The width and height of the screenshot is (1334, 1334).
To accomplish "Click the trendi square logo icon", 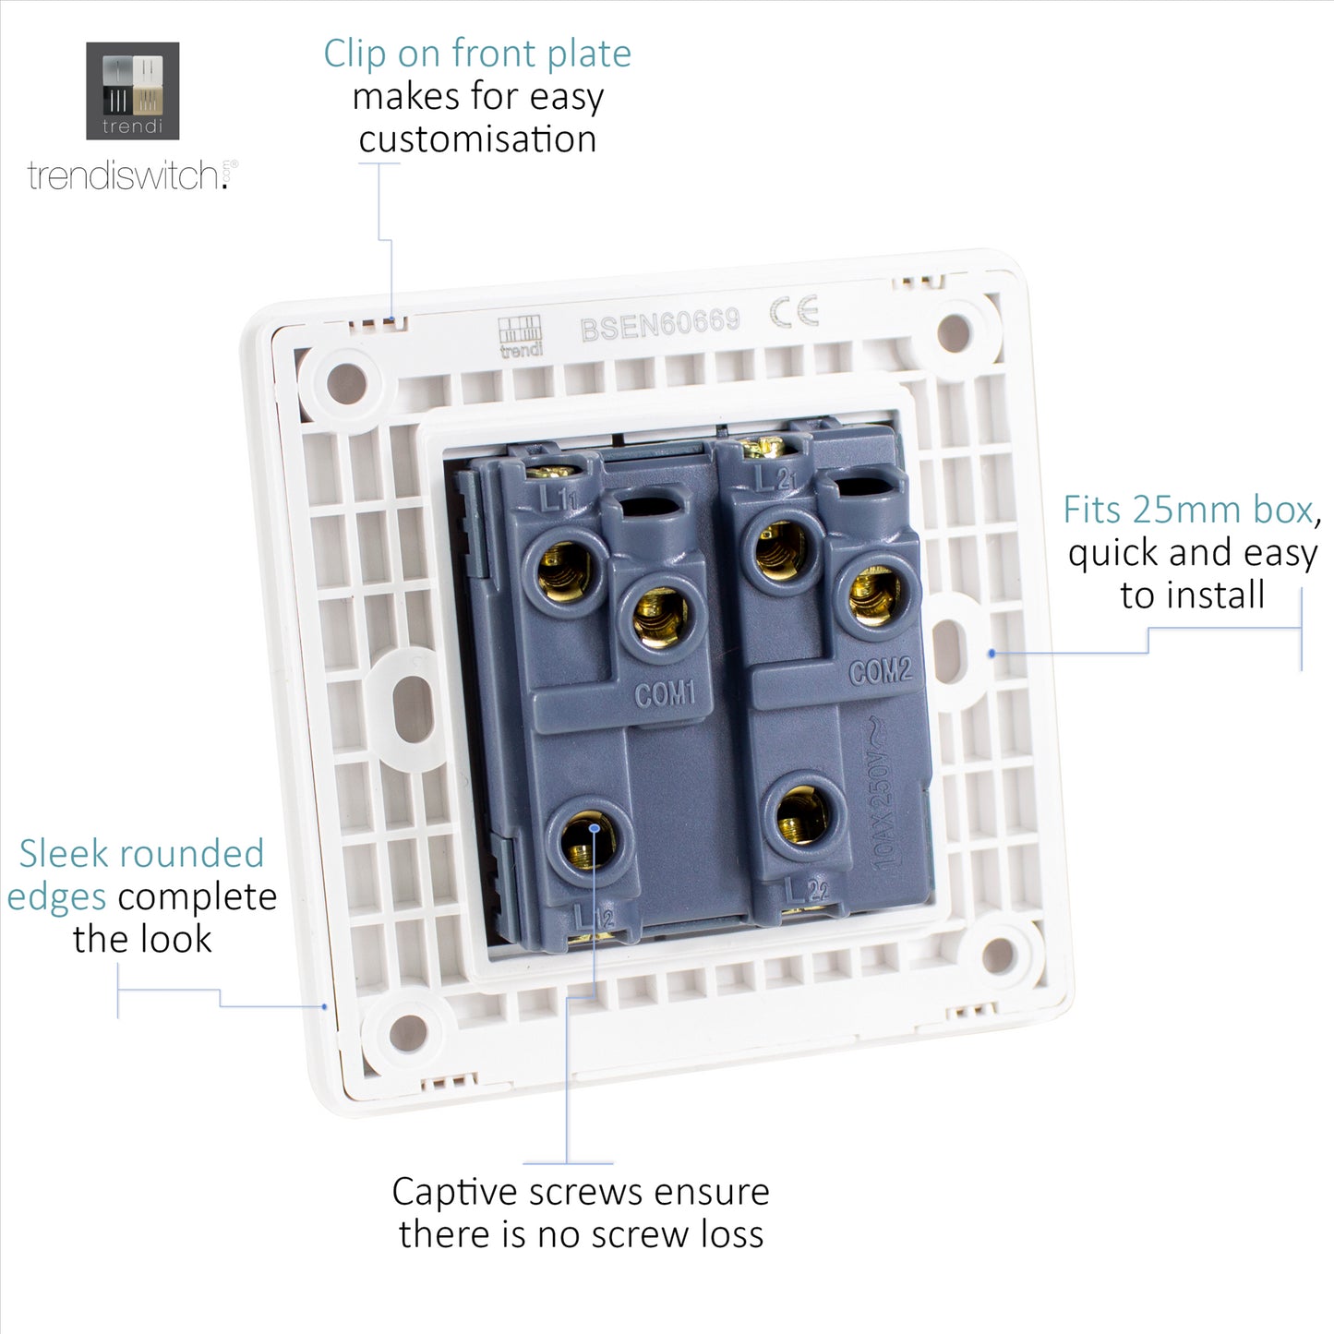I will pos(132,90).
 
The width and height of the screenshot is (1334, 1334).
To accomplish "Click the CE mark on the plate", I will pos(795,312).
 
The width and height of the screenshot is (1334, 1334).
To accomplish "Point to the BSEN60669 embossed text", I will pos(659,323).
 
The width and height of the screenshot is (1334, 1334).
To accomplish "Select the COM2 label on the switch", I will pos(880,671).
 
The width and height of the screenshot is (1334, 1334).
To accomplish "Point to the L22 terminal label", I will pos(806,890).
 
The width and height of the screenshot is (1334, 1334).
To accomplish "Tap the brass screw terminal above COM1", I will pos(660,617).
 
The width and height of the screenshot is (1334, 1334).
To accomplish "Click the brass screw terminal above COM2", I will pos(873,595).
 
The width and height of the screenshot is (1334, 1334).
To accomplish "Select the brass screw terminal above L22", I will pos(802,815).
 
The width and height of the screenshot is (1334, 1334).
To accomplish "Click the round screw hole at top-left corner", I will pos(346,381).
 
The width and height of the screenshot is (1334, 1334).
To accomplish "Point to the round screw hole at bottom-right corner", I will pos(999,955).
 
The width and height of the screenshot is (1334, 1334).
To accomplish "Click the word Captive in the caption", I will pos(453,1192).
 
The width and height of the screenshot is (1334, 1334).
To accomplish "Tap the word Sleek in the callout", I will pos(60,854).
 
